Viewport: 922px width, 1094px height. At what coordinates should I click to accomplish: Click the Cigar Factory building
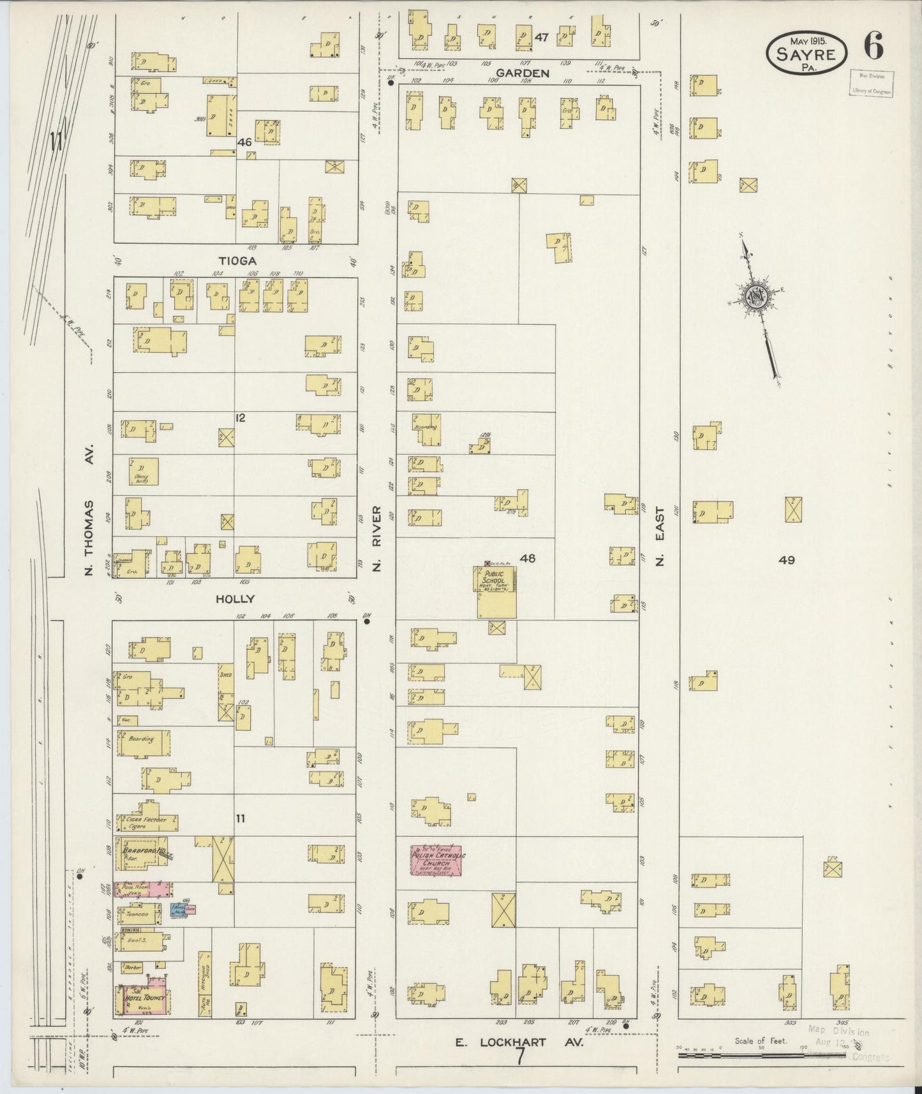pos(145,823)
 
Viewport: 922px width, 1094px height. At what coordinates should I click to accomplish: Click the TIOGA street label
pos(237,261)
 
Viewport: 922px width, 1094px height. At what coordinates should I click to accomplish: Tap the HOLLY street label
pos(235,599)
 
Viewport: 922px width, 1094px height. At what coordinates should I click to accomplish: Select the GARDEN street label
pos(523,73)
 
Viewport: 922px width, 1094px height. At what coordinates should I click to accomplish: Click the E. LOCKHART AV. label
pos(518,1042)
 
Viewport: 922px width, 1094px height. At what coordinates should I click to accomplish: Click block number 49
pos(786,560)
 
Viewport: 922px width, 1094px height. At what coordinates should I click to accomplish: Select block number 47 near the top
pos(542,38)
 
